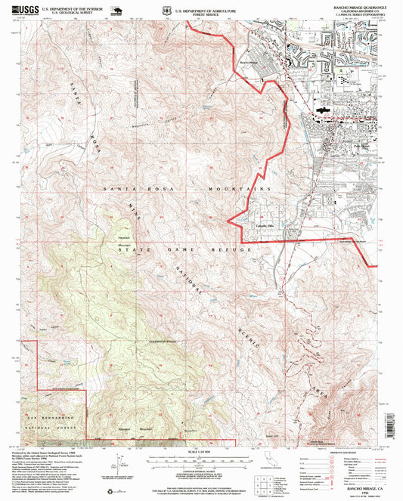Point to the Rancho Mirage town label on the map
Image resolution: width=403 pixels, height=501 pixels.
[x=248, y=63]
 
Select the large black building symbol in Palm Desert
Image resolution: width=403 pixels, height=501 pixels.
[x=324, y=110]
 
